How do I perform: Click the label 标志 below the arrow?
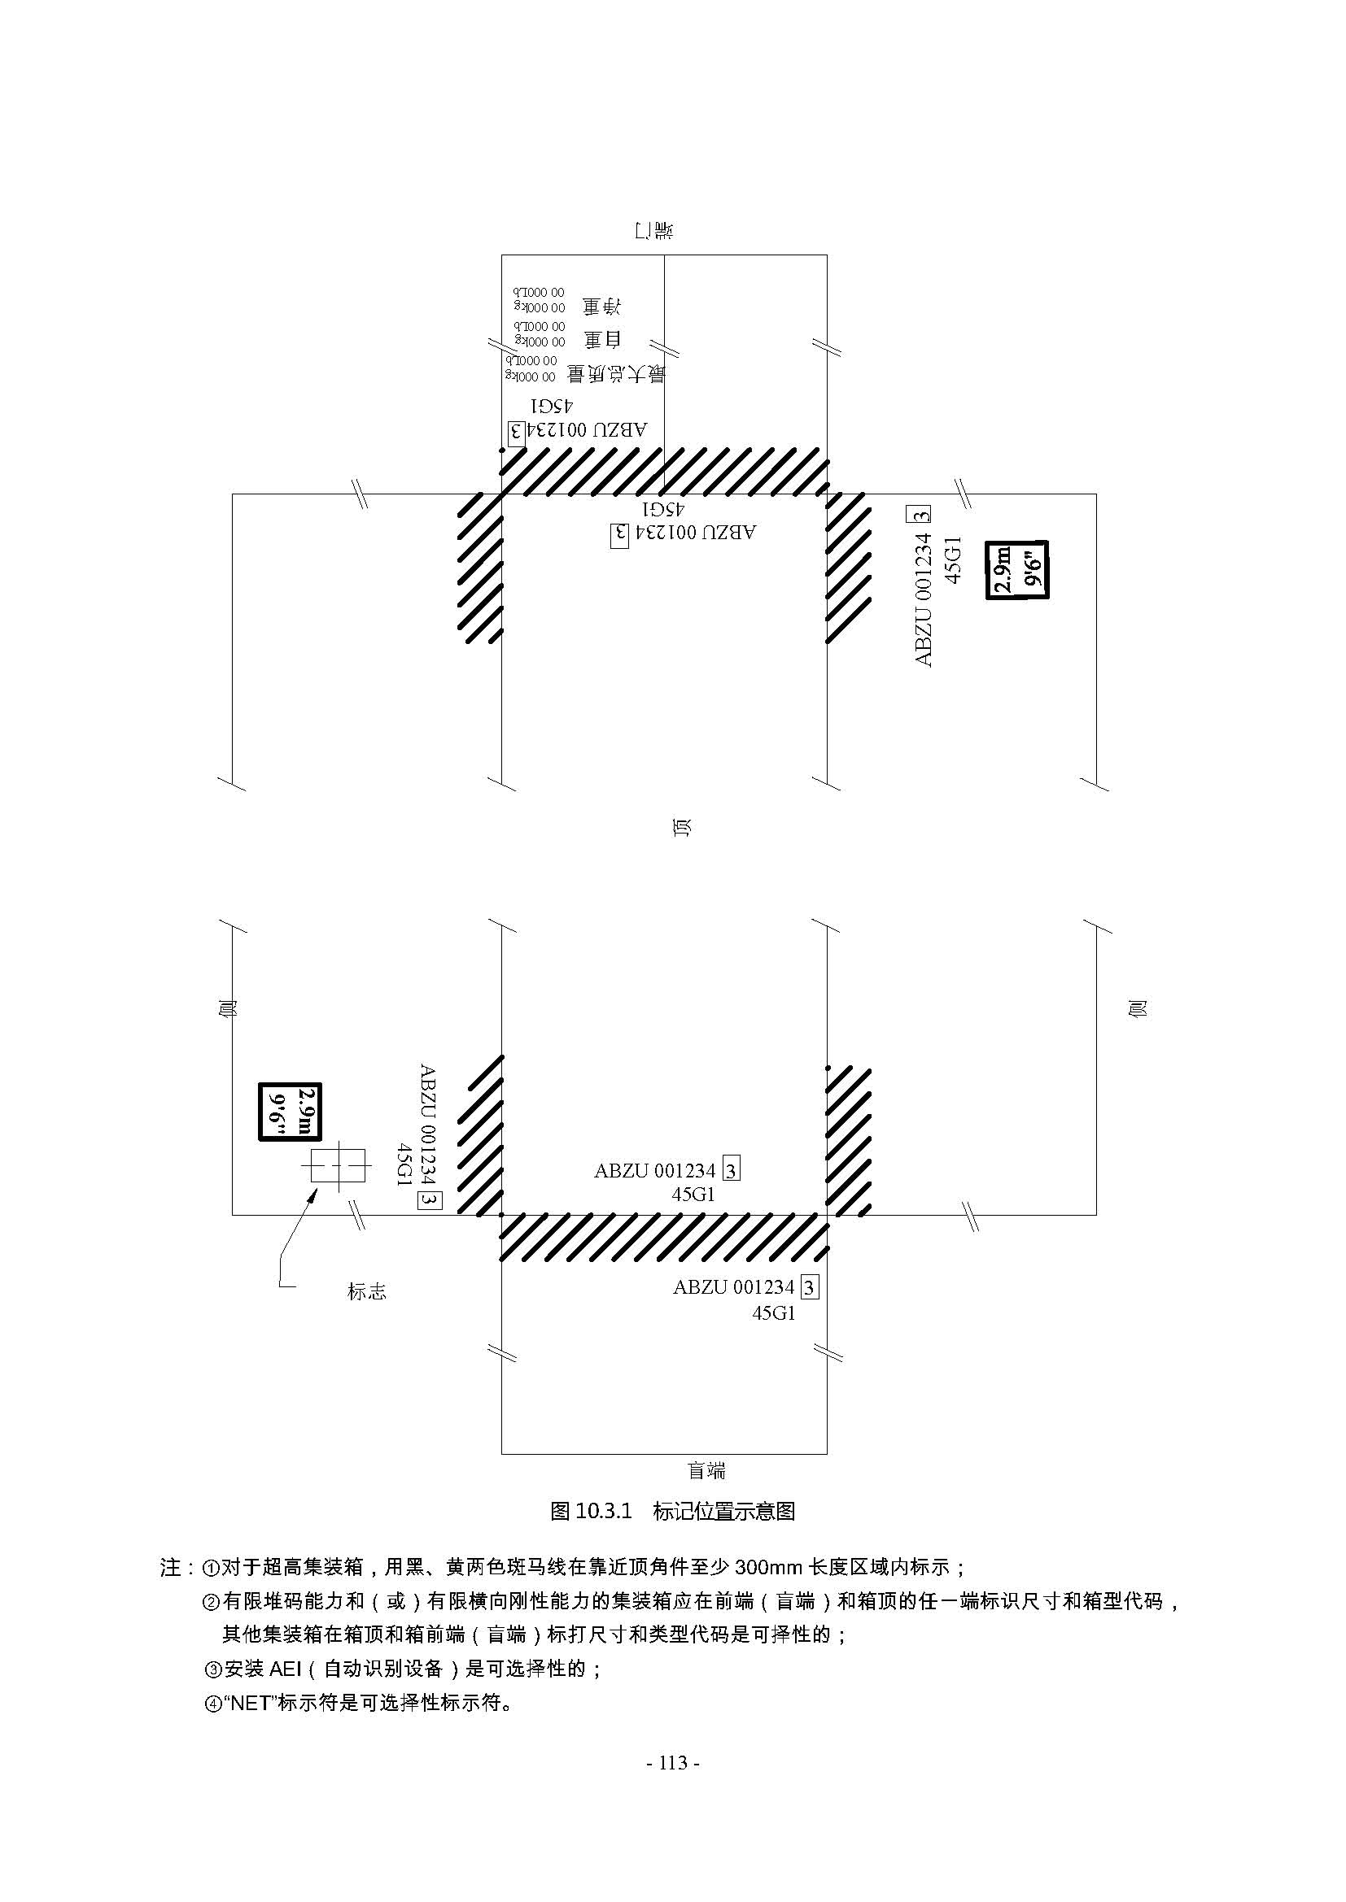pyautogui.click(x=366, y=1291)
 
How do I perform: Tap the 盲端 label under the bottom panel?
pyautogui.click(x=706, y=1470)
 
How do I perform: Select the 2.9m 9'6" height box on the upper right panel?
pyautogui.click(x=1016, y=569)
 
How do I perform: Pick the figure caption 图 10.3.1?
pyautogui.click(x=672, y=1511)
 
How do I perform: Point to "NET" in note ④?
pyautogui.click(x=251, y=1704)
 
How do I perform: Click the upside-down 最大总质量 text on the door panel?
pyautogui.click(x=615, y=374)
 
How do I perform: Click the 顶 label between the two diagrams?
pyautogui.click(x=682, y=827)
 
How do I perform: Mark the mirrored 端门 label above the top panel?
pyautogui.click(x=653, y=230)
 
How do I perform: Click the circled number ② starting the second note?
pyautogui.click(x=211, y=1601)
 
